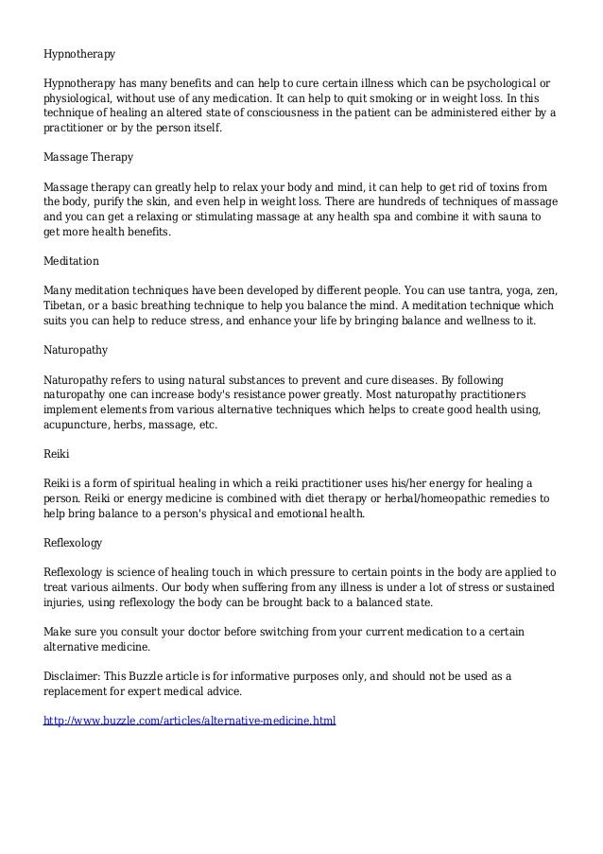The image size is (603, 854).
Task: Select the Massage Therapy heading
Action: tap(89, 155)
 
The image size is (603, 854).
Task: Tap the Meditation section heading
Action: tap(72, 259)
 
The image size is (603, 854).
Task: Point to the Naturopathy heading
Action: tap(76, 349)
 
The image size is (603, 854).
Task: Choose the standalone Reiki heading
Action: tap(57, 454)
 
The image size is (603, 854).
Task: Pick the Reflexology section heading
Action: tap(74, 543)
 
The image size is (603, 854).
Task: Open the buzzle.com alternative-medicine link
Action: tap(190, 721)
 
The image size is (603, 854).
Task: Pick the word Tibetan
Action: tap(65, 306)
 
